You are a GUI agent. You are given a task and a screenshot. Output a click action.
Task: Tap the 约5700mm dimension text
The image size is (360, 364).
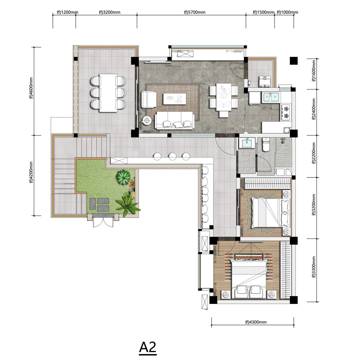pos(194,12)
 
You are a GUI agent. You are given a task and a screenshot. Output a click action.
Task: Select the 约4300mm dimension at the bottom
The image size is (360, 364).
pos(256,322)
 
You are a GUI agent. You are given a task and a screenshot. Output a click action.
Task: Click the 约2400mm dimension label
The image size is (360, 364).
pos(313,109)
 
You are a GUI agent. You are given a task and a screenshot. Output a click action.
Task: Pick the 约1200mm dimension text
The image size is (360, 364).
pos(67,12)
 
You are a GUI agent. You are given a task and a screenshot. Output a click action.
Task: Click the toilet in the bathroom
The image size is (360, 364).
pos(266,145)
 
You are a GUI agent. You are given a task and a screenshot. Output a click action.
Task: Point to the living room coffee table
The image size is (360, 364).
pos(175,99)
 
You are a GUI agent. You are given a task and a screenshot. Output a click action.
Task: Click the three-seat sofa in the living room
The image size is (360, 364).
pos(174,120)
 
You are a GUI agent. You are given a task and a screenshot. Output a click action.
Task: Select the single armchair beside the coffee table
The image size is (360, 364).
pos(148,99)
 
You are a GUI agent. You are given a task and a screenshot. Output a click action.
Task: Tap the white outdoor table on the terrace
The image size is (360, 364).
pos(108,93)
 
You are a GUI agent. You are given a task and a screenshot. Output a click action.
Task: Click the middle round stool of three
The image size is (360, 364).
pos(172,156)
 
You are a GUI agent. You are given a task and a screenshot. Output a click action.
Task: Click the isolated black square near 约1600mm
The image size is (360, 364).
pos(294,61)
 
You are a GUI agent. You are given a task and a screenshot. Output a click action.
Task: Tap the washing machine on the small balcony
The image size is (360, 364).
pos(265,81)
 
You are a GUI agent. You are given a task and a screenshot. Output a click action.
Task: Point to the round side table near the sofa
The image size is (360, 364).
pos(147,120)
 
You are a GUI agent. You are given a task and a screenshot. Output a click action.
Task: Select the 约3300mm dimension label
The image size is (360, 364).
pos(313,267)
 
